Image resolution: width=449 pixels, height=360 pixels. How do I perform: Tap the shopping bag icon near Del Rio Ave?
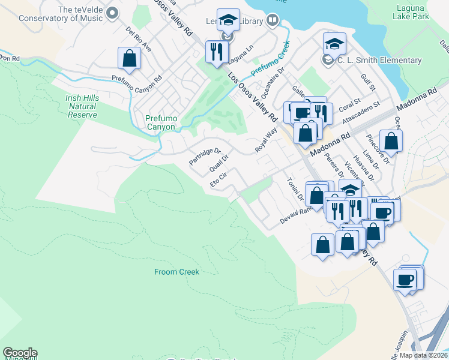129,58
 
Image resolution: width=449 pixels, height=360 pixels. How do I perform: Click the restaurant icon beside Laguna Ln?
216,52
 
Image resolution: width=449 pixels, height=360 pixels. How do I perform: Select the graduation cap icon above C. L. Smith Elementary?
334,43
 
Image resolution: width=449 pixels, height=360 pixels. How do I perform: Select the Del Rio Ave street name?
139,39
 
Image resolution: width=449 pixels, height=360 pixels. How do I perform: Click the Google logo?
20,353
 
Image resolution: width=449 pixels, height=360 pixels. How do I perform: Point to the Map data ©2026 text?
424,355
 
